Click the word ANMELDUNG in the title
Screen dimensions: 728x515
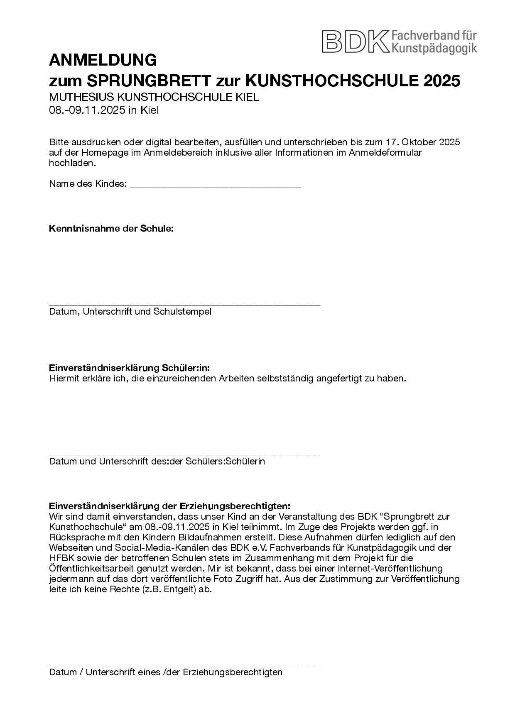tap(103, 61)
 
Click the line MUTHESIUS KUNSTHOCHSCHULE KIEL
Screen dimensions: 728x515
tap(154, 98)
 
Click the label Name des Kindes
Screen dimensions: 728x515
tap(88, 184)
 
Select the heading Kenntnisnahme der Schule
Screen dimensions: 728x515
tap(111, 229)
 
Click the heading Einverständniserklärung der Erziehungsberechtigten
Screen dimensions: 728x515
tap(170, 506)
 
